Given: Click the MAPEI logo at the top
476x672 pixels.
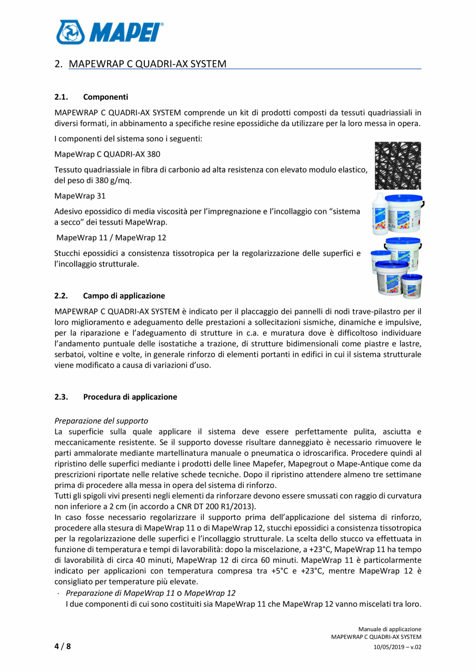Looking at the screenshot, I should pos(109,32).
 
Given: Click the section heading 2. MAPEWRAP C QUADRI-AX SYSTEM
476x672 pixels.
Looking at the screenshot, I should pos(147,64).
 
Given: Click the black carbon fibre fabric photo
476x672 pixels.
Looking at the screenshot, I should pos(397,165).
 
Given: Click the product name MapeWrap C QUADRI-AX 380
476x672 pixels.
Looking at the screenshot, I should pos(107,154).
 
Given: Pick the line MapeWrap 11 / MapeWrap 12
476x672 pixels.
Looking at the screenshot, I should pos(111,238).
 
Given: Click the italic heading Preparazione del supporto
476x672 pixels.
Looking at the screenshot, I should pos(101,421).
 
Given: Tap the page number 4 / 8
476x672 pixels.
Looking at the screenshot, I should pos(63,646).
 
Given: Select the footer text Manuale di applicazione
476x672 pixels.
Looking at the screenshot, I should pos(390,629).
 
